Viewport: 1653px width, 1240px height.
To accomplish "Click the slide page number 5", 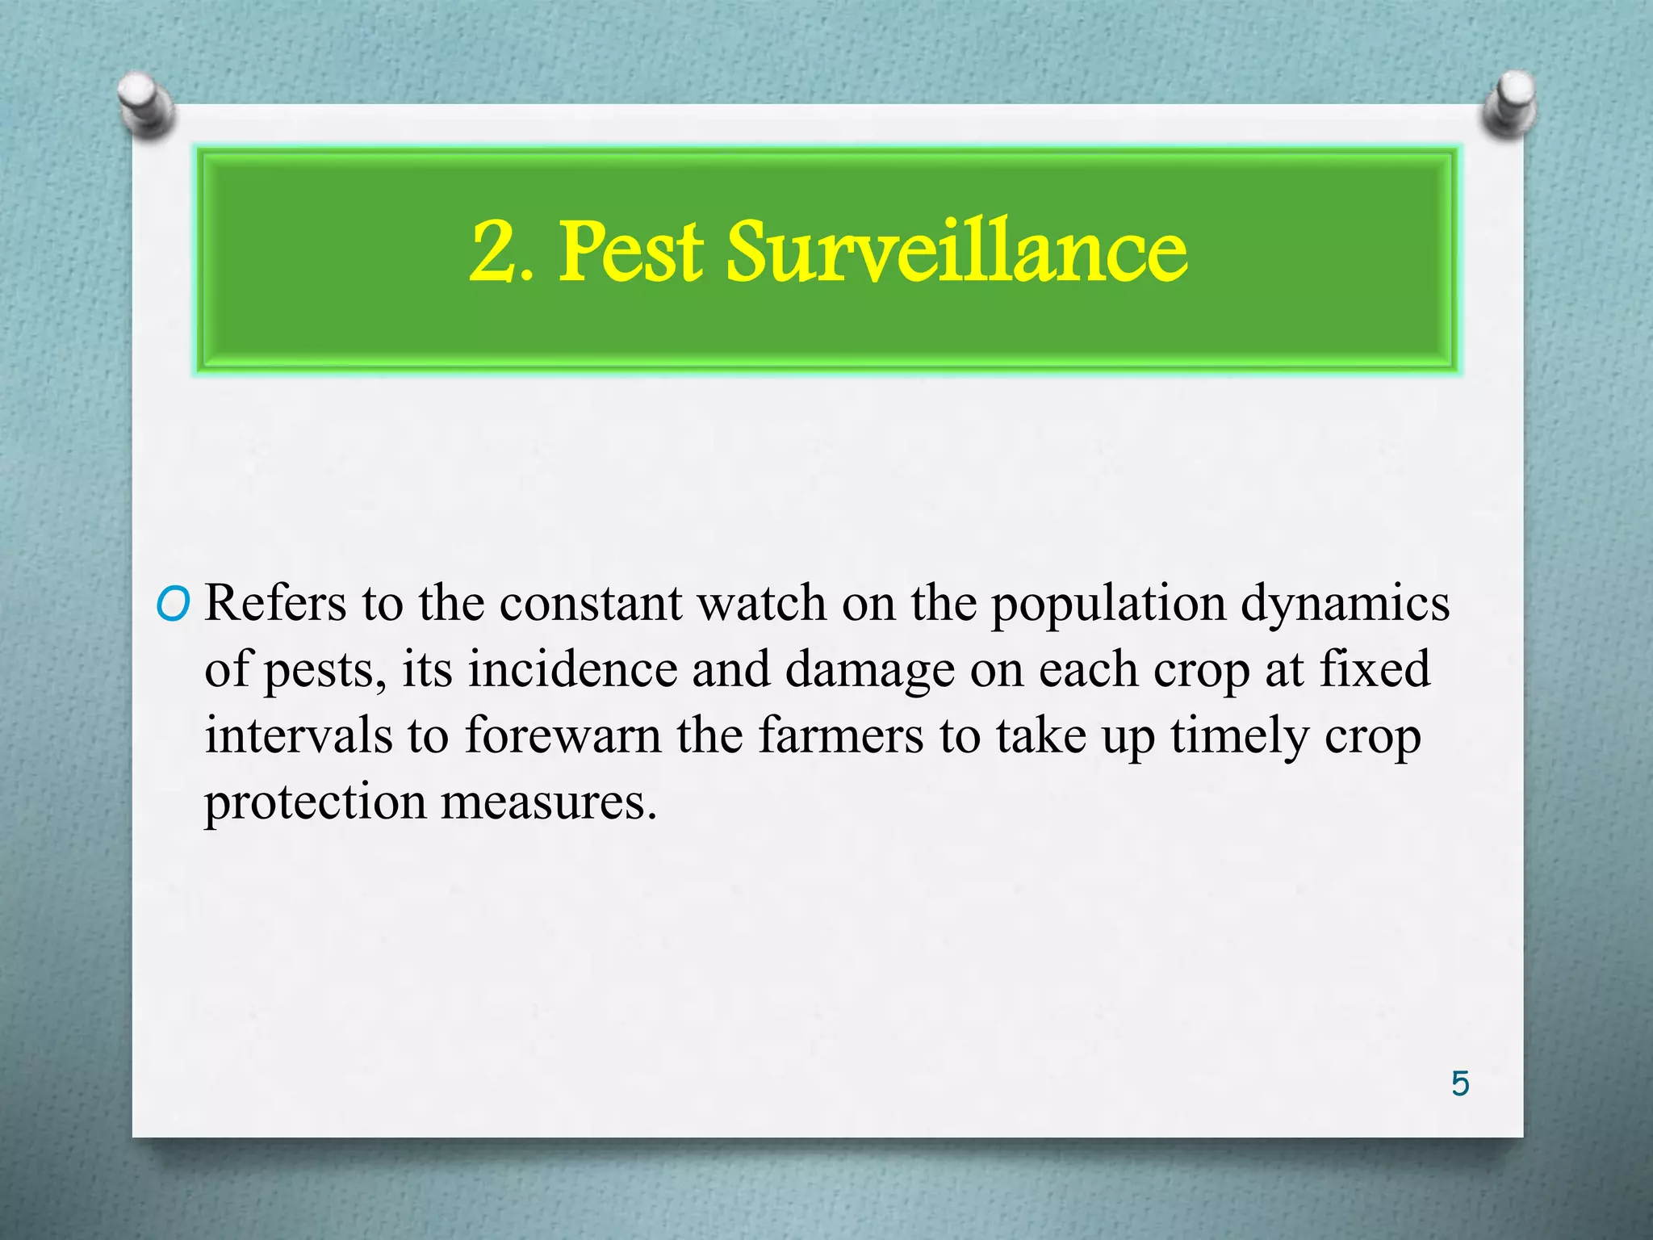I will coord(1460,1083).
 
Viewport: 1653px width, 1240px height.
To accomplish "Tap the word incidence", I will coord(572,669).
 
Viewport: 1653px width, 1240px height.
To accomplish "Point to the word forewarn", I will coord(563,735).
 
